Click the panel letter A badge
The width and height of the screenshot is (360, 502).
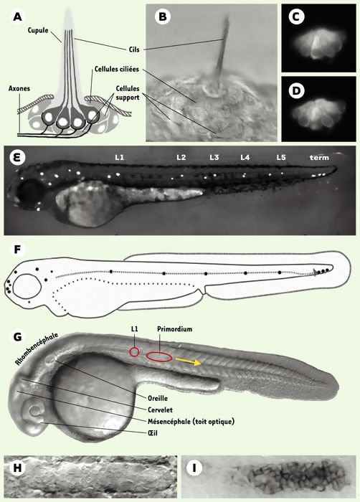point(18,16)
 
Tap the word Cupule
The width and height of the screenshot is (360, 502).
point(38,30)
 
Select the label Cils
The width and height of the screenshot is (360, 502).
point(134,49)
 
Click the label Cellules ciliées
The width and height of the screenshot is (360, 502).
point(117,69)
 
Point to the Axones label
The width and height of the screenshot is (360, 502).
point(19,88)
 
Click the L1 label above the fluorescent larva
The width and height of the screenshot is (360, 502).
point(120,158)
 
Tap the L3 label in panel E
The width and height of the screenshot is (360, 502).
point(214,158)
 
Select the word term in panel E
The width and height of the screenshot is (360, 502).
point(319,158)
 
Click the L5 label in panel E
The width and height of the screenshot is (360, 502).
point(281,158)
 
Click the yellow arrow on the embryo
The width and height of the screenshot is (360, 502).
point(189,361)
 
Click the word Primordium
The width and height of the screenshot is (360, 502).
point(174,329)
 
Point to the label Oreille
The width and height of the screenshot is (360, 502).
point(158,399)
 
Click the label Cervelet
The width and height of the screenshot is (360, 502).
point(160,409)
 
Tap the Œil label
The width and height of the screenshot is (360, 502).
point(153,433)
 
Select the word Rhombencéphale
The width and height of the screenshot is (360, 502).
point(37,349)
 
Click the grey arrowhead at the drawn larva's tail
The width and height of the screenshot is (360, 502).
point(316,273)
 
